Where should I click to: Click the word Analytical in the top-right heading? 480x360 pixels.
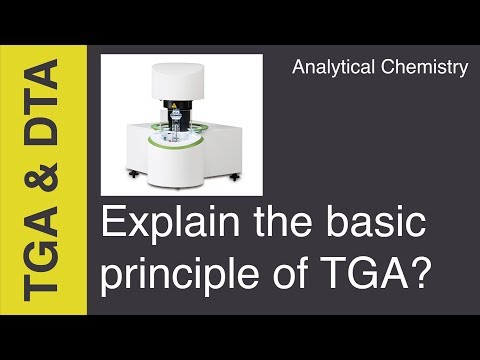(x=333, y=68)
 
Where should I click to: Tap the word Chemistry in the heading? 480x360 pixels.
(x=425, y=68)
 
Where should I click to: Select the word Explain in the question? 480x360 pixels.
(x=170, y=223)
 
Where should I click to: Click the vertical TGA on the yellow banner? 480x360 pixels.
(x=40, y=254)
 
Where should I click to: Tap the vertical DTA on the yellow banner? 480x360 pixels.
(x=41, y=102)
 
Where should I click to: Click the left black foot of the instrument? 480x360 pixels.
(x=134, y=174)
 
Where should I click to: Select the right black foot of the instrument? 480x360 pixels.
(x=235, y=177)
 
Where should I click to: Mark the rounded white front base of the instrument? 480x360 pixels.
(x=174, y=167)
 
